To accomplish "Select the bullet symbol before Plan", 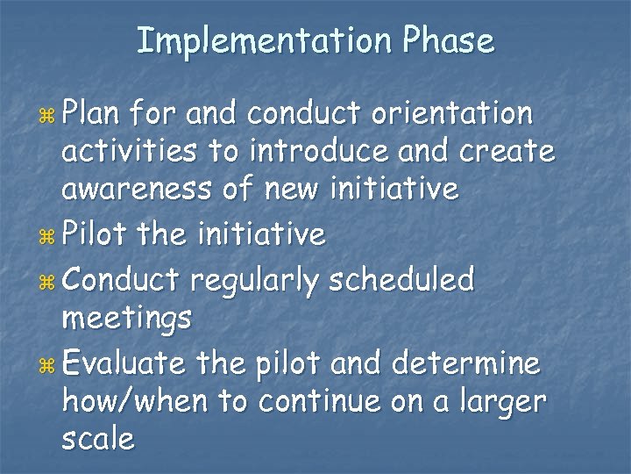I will point(48,116).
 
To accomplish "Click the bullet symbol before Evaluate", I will point(48,364).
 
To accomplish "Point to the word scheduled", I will point(402,280).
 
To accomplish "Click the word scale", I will point(98,439).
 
